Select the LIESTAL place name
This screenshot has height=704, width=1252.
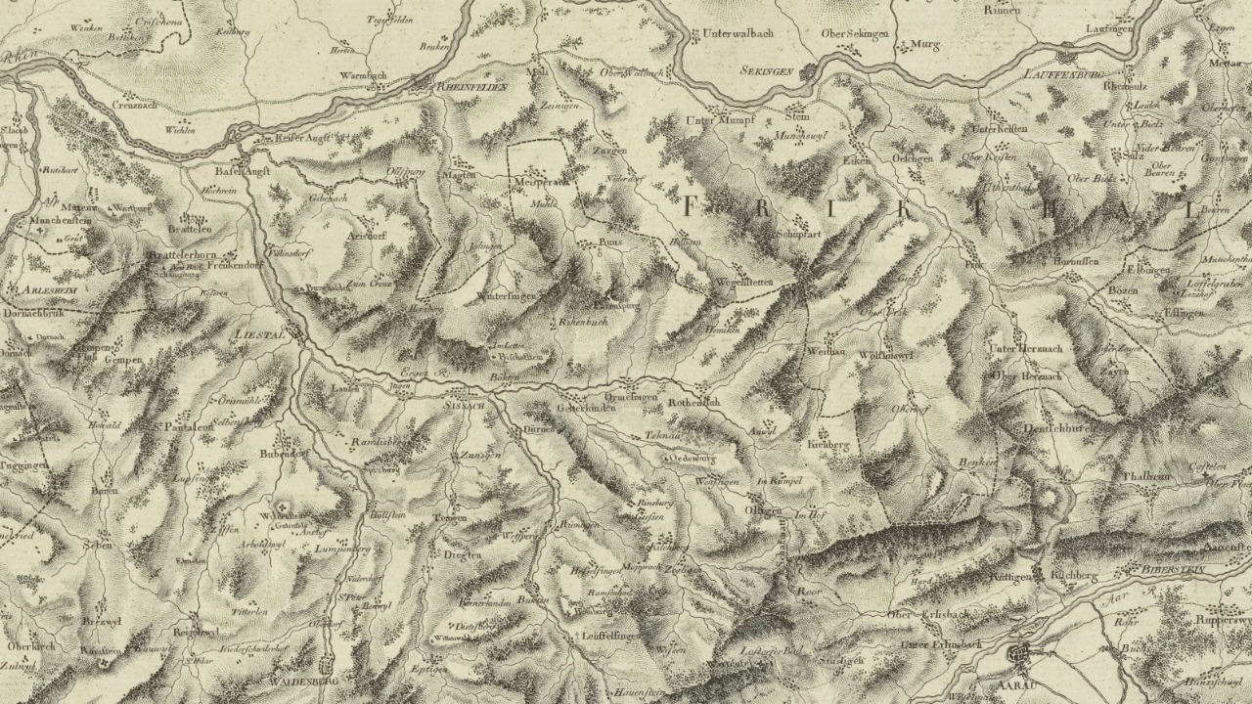259,334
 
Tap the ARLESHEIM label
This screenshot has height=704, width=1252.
41,290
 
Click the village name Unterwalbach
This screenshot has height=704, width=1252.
738,32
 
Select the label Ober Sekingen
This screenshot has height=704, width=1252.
854,33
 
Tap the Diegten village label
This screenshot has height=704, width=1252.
463,554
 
